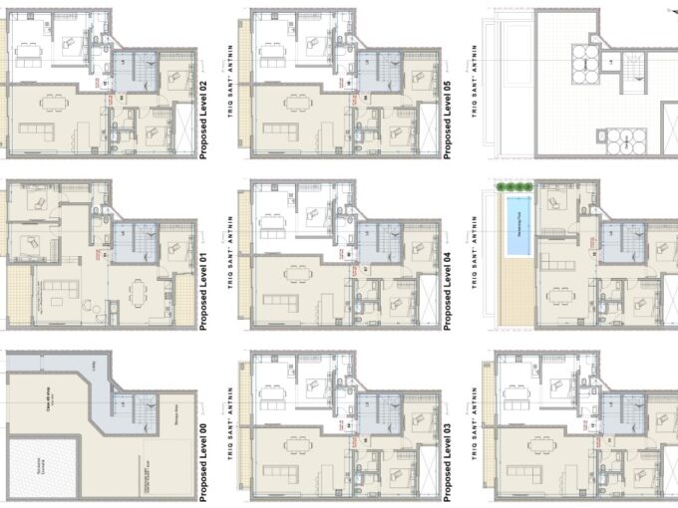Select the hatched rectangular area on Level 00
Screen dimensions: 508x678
pyautogui.click(x=36, y=467)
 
